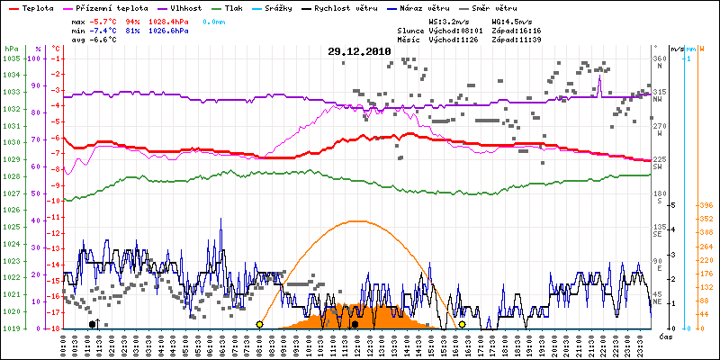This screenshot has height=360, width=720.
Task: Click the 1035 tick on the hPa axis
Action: [10, 58]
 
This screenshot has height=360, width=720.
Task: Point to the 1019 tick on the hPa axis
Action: [10, 328]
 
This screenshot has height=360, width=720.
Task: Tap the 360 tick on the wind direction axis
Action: [657, 58]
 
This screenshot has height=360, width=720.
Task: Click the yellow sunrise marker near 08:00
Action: [259, 324]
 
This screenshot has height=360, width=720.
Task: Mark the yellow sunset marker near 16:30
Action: [463, 324]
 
